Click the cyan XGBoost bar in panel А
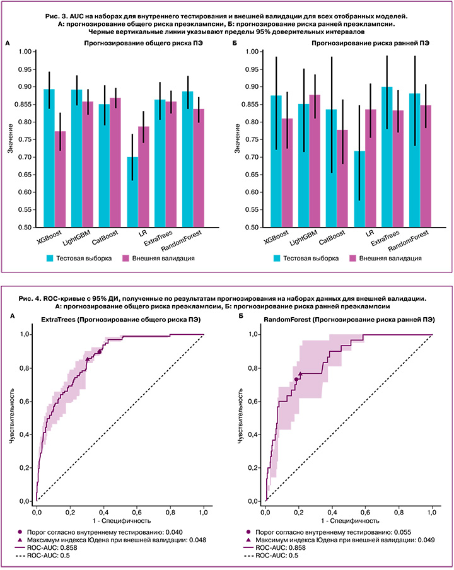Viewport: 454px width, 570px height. pyautogui.click(x=49, y=158)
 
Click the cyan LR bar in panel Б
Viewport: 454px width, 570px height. pyautogui.click(x=359, y=189)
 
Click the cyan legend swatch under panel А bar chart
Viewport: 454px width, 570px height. pyautogui.click(x=52, y=258)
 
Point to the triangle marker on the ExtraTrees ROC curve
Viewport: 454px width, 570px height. pyautogui.click(x=87, y=359)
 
